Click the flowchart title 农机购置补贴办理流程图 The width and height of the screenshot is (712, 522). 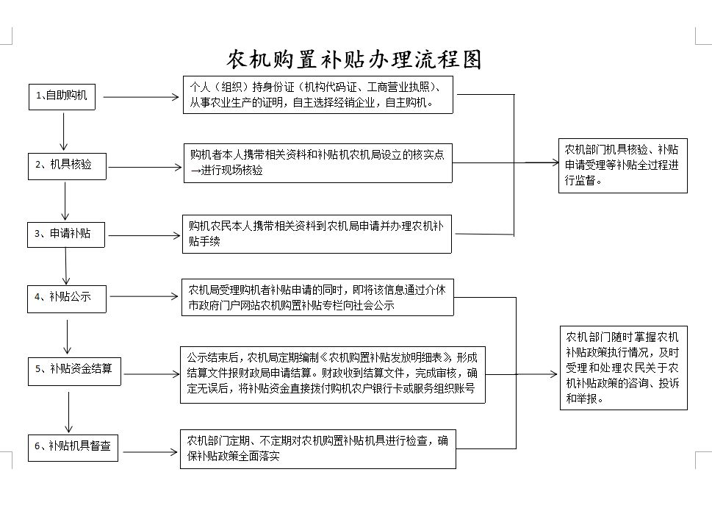[x=354, y=59]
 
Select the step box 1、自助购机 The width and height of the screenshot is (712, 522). [x=62, y=96]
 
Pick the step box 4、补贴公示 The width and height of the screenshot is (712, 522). [x=68, y=297]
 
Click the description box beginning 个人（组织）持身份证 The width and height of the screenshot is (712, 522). [x=317, y=94]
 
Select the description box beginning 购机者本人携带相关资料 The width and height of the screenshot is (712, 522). [x=317, y=162]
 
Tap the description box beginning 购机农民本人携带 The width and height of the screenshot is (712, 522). [x=317, y=234]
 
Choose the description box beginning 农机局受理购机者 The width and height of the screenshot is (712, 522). [x=317, y=298]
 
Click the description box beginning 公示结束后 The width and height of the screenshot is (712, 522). [x=333, y=374]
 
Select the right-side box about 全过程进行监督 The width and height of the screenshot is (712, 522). [x=622, y=165]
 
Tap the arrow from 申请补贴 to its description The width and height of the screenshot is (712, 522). [x=143, y=236]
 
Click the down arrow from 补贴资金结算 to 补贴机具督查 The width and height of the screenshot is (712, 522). [x=69, y=412]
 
